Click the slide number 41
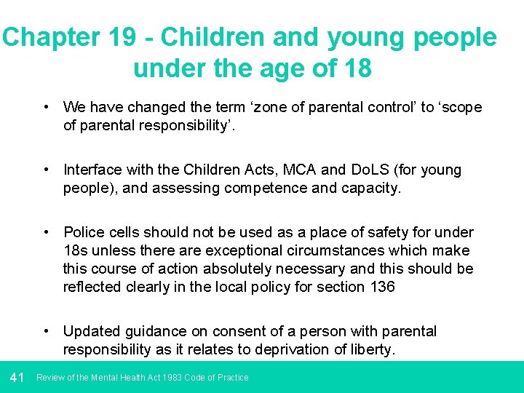[x=18, y=378]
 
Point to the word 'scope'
[x=459, y=107]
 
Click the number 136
[x=381, y=287]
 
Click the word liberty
[x=372, y=349]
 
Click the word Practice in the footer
[x=231, y=378]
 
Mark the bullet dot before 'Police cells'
[x=46, y=232]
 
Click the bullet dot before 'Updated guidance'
[x=46, y=331]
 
